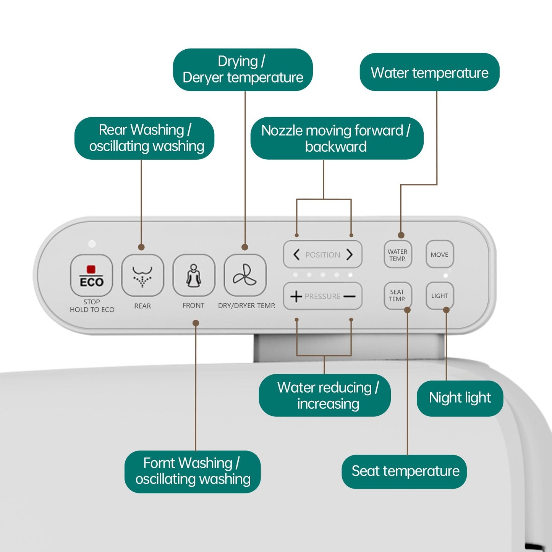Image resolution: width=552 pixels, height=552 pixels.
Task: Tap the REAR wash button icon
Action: [x=142, y=275]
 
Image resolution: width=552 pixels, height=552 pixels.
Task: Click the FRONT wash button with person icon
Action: [x=194, y=275]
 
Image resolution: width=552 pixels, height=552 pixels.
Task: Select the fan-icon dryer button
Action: [x=245, y=275]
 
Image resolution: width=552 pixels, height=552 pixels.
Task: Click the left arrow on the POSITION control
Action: [x=296, y=255]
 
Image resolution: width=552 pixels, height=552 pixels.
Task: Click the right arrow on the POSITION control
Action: [x=349, y=255]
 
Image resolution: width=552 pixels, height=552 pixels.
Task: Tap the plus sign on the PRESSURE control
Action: [x=296, y=296]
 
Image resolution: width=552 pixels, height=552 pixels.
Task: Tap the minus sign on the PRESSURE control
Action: [x=349, y=296]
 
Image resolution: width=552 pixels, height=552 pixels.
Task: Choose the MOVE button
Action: [x=439, y=254]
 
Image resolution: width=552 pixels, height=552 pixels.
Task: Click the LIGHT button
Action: [x=439, y=296]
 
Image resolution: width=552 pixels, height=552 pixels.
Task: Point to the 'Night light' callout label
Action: [x=460, y=398]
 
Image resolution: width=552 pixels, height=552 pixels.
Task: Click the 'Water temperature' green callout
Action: [x=429, y=72]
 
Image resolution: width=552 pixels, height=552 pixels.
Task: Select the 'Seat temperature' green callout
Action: [x=404, y=471]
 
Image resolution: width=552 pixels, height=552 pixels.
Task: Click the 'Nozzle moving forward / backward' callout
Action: [x=337, y=138]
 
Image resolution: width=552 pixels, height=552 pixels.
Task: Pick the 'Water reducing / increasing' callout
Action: [x=325, y=395]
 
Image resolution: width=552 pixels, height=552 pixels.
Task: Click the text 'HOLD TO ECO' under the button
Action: [x=92, y=310]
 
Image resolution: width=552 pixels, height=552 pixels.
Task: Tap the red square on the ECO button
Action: [x=91, y=269]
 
